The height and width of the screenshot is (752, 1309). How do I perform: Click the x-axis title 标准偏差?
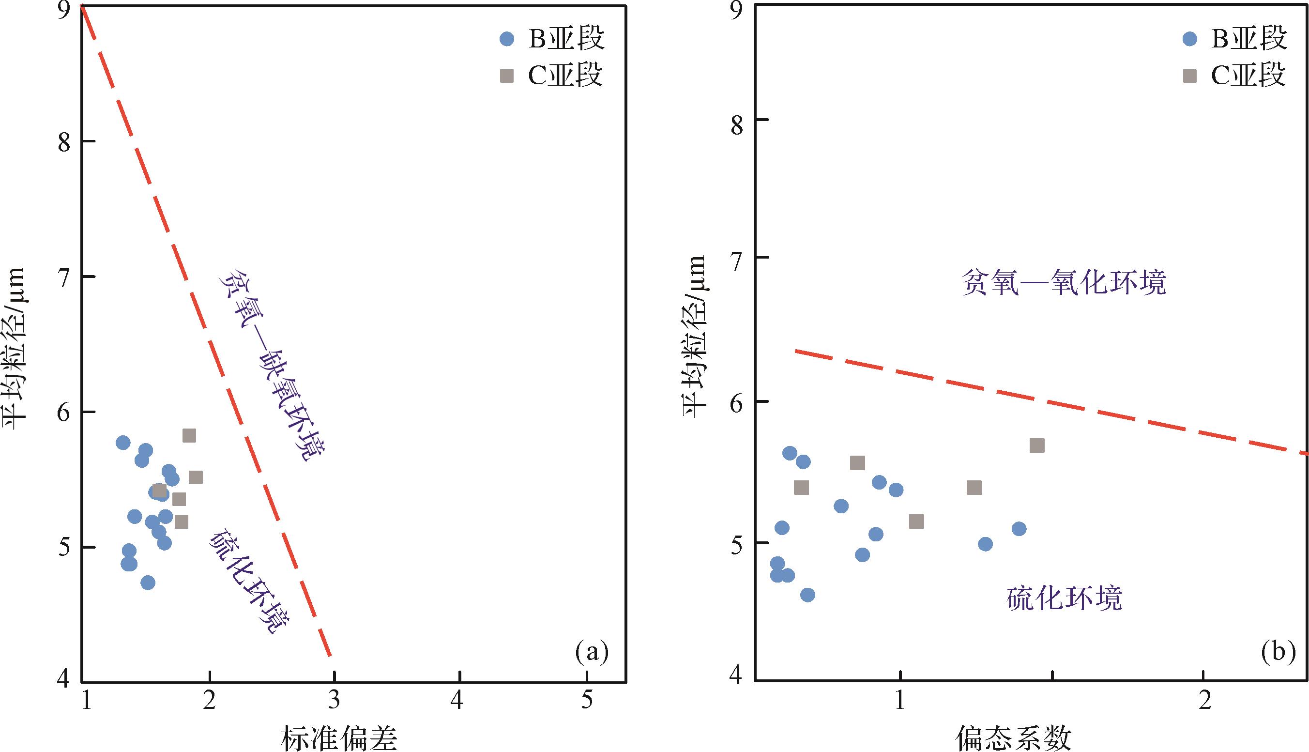point(339,738)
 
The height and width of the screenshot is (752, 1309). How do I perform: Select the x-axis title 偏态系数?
point(1013,738)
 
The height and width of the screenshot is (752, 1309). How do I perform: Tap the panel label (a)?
point(591,652)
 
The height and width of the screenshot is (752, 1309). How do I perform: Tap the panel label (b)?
point(1278,652)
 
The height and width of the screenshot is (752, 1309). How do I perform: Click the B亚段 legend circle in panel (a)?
point(507,39)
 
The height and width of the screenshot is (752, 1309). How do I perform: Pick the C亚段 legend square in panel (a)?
point(507,77)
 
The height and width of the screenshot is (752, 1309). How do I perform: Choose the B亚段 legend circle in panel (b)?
point(1190,39)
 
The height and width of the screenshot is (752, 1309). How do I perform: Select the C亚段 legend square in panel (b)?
point(1190,77)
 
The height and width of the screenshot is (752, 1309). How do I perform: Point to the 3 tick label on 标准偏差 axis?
point(334,701)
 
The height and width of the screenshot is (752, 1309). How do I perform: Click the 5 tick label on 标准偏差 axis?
point(587,701)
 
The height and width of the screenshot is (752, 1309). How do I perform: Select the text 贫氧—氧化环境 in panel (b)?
point(1064,284)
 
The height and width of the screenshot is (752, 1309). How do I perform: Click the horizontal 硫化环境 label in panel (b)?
point(1064,599)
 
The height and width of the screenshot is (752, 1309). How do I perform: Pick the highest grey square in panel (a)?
point(189,435)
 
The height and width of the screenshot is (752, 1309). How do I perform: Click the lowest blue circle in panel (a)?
point(148,583)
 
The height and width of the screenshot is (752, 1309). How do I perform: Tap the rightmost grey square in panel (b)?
point(1037,445)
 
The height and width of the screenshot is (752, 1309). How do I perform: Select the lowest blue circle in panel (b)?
point(807,595)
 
